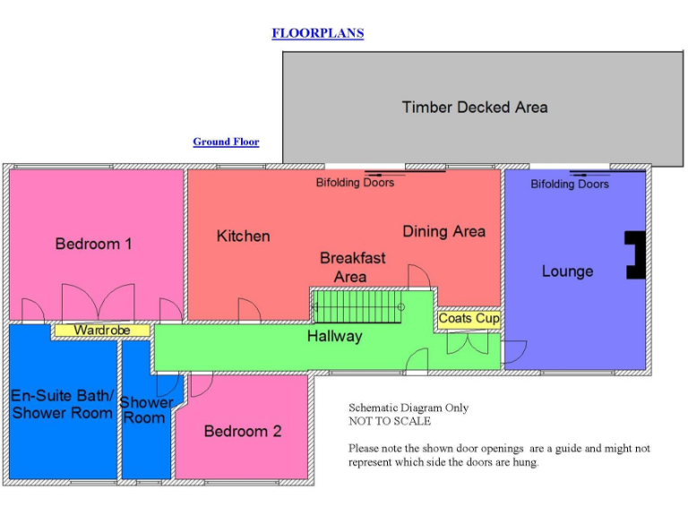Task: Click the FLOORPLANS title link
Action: [x=317, y=34]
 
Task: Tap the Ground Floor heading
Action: [x=226, y=142]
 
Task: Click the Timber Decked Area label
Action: [x=474, y=107]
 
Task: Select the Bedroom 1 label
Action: [x=93, y=244]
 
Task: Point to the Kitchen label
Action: [x=243, y=236]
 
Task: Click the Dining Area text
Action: [x=443, y=231]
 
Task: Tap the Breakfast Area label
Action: [x=352, y=267]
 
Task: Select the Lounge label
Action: [x=567, y=271]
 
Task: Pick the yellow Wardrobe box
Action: [x=101, y=331]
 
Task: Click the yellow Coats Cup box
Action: [x=469, y=319]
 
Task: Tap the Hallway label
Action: [x=334, y=337]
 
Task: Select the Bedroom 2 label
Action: [x=242, y=431]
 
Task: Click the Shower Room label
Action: [x=146, y=410]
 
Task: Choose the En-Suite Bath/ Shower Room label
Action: [x=62, y=404]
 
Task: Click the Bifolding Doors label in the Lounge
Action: [x=569, y=185]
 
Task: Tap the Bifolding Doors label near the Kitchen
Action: [x=355, y=183]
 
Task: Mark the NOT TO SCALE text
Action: [x=389, y=421]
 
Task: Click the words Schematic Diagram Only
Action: [x=408, y=408]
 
